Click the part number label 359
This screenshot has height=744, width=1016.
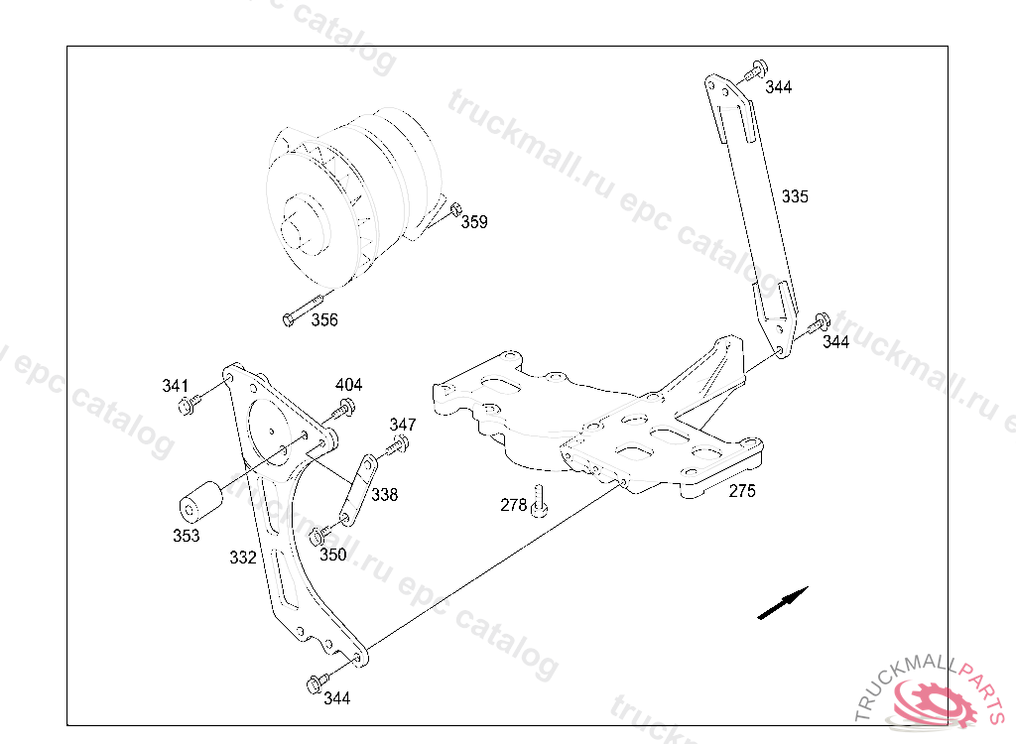[474, 221]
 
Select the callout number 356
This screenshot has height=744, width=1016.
[324, 319]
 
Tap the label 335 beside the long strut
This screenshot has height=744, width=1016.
[795, 196]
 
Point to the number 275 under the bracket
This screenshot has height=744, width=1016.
[742, 491]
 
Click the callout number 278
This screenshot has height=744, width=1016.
[514, 505]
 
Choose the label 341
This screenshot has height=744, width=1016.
[175, 386]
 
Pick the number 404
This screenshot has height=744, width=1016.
[348, 384]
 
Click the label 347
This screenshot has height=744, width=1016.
[403, 425]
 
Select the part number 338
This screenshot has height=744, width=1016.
[384, 494]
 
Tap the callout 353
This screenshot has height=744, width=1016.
[186, 536]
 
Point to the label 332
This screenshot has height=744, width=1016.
[243, 558]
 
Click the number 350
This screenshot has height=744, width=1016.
[333, 555]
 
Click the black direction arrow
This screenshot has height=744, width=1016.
[783, 603]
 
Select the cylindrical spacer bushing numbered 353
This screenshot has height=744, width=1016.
[200, 501]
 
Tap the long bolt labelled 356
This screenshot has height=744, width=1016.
[304, 310]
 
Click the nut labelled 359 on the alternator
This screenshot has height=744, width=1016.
[455, 208]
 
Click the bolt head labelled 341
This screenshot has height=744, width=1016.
[186, 407]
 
